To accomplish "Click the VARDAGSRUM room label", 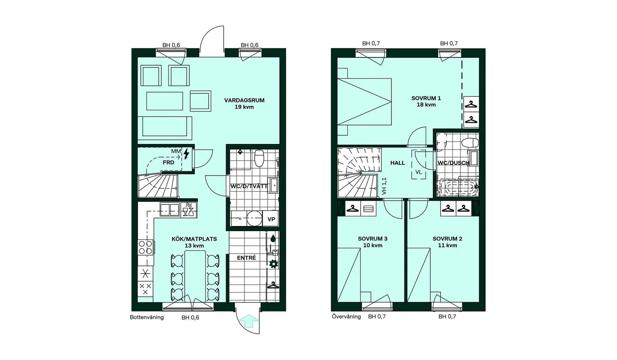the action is click(244, 100).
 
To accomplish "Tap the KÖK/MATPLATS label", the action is click(194, 239).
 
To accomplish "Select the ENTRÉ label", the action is click(246, 258).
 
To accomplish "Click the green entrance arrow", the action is click(249, 321).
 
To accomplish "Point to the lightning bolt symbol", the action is click(187, 154).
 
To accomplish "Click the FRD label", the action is click(169, 162).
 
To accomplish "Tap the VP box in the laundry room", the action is click(271, 219).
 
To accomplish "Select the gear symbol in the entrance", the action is click(273, 264).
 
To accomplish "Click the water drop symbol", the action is click(273, 238).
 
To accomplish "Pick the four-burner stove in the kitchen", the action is click(145, 247).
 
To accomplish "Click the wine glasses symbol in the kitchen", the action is click(189, 210).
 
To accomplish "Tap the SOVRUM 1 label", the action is click(426, 98).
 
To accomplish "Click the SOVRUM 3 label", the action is click(373, 239).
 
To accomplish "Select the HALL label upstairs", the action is click(398, 163).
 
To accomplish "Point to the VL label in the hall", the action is click(418, 172).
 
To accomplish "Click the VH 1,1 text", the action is click(384, 186).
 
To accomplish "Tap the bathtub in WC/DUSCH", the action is click(457, 188).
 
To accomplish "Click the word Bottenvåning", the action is click(147, 317).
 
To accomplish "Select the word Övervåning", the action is click(346, 316).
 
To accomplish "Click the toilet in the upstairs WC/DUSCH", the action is click(470, 143).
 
